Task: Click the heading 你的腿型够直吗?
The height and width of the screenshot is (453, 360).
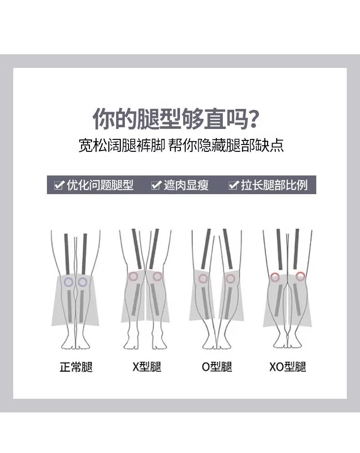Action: (x=177, y=119)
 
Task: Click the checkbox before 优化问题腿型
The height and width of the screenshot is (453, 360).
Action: (x=59, y=185)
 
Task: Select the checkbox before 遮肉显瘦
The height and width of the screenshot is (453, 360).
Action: (x=156, y=185)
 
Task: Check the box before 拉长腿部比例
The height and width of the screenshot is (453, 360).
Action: (x=234, y=185)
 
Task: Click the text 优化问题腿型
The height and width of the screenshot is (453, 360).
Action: (x=100, y=185)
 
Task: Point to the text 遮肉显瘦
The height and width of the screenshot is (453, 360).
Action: (x=186, y=185)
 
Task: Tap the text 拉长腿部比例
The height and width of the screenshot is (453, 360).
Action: (x=274, y=185)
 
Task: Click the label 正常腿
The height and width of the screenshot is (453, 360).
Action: (x=76, y=367)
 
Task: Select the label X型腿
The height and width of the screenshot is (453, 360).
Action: (x=147, y=367)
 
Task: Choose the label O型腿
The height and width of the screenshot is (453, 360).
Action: (x=217, y=367)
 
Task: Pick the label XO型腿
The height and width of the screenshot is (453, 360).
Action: (x=287, y=367)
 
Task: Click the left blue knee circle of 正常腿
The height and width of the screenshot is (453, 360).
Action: (x=68, y=282)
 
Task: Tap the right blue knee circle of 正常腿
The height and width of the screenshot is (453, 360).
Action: (x=82, y=282)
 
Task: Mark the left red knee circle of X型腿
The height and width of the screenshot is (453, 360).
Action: (x=133, y=276)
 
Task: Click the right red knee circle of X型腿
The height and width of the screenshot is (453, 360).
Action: (x=157, y=276)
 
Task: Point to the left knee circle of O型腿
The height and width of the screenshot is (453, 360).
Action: (x=203, y=278)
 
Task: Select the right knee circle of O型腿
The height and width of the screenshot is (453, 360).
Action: (x=231, y=278)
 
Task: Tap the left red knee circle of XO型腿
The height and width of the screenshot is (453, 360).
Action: (x=275, y=277)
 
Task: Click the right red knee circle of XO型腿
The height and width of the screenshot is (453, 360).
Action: (x=300, y=276)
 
